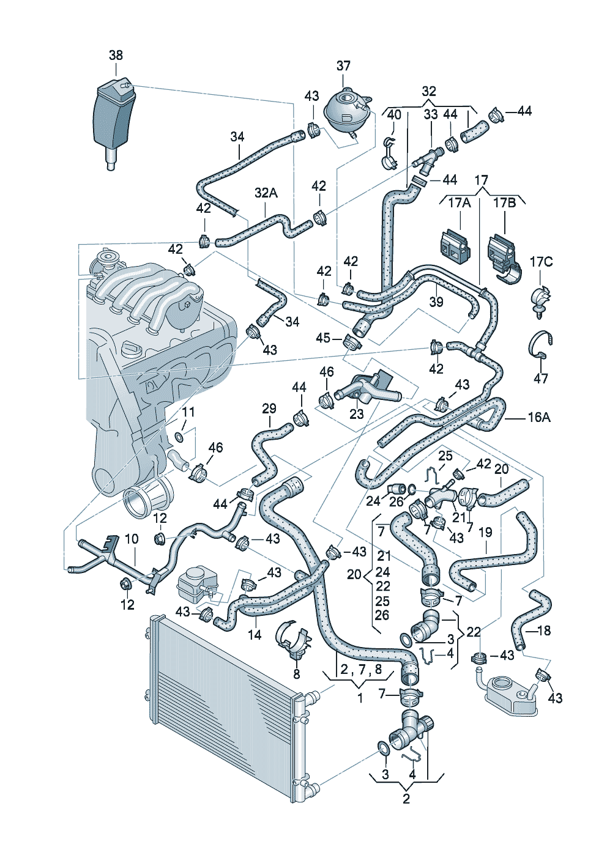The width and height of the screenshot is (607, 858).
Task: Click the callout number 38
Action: pos(116,55)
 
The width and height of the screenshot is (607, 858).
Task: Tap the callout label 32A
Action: pos(266,193)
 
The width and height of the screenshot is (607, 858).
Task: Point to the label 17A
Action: pos(460,203)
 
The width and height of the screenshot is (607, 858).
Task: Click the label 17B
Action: pos(505,203)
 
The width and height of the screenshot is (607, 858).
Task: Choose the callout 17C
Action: pos(541,262)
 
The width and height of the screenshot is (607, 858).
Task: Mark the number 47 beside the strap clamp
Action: pos(541,379)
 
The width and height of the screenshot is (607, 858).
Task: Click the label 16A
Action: pos(539,417)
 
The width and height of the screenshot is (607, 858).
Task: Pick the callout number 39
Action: pos(436,301)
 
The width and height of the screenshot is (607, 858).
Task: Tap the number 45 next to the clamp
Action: pos(323,338)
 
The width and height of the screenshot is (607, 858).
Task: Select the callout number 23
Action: pos(357,414)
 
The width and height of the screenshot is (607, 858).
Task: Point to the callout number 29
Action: pos(269,409)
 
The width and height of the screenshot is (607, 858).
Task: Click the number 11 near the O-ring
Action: pos(188,412)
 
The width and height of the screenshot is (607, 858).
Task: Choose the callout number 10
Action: pos(132,539)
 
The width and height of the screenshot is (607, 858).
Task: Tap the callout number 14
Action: pos(255,635)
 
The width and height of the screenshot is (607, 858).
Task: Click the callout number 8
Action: pos(297,674)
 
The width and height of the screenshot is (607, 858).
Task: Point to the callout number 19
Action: pos(485,533)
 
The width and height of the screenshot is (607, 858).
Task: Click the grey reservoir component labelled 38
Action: pos(113,122)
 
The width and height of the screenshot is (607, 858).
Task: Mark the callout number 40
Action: pos(395,115)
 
